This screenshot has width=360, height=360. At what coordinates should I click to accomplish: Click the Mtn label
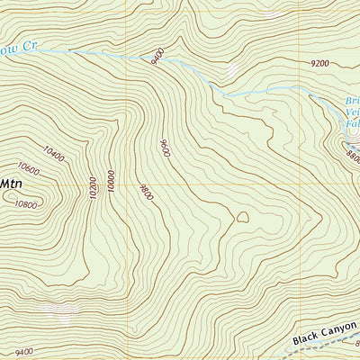11,183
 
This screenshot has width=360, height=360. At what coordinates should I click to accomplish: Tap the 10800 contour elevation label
26,204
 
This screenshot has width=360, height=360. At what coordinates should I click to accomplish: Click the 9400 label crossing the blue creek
158,55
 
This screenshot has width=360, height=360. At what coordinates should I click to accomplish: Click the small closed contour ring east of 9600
241,216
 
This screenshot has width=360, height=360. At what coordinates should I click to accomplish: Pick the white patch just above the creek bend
232,69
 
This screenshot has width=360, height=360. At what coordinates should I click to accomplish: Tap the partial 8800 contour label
352,156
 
